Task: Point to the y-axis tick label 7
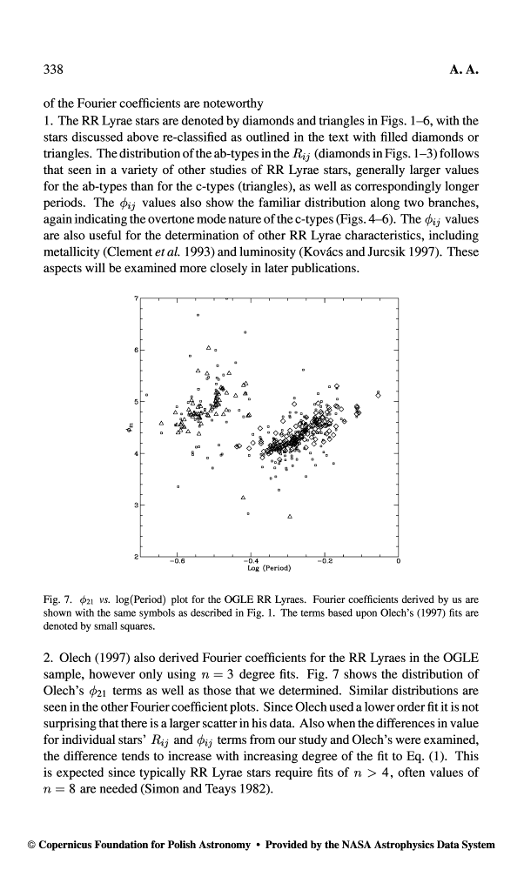[136, 299]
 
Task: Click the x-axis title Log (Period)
[270, 569]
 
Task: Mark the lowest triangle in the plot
[290, 517]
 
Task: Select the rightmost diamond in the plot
[378, 394]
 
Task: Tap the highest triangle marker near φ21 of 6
[209, 349]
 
